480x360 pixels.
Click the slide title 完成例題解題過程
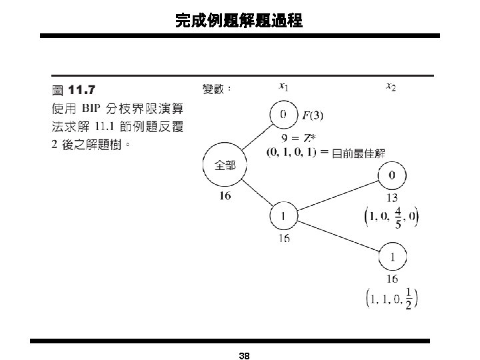(x=239, y=21)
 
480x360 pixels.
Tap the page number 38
(x=244, y=355)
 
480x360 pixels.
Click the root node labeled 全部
(x=224, y=167)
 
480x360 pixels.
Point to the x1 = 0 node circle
(x=284, y=114)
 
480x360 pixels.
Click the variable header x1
(x=283, y=86)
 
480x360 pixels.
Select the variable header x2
(x=392, y=86)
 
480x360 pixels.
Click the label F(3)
(x=313, y=115)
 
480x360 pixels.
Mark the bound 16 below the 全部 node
(x=224, y=195)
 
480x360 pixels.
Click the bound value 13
(x=392, y=197)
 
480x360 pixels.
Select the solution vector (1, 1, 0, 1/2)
(x=392, y=298)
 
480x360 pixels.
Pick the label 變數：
(x=216, y=88)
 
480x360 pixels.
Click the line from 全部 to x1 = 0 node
(x=256, y=140)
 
